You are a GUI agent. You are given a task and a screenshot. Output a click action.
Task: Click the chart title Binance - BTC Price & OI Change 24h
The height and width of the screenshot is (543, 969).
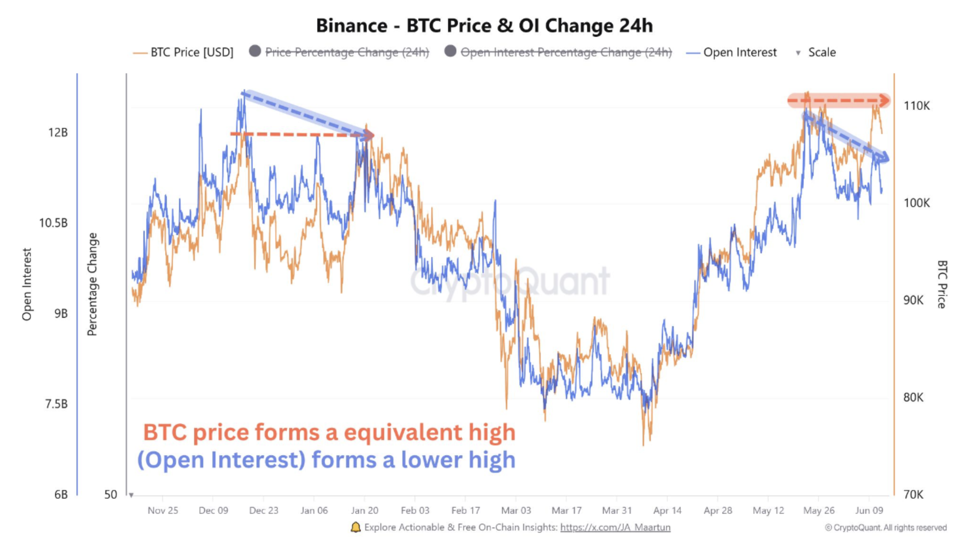click(x=484, y=26)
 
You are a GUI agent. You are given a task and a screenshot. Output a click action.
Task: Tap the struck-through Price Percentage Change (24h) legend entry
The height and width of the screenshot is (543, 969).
click(x=347, y=52)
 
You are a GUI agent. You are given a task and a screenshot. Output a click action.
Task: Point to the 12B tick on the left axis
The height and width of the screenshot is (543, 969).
click(x=58, y=132)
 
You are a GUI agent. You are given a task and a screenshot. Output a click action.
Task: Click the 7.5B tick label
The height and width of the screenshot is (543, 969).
click(x=56, y=404)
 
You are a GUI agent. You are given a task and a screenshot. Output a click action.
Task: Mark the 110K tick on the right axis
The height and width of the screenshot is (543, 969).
click(x=916, y=106)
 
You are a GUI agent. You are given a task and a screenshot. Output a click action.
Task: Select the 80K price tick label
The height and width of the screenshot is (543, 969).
click(x=913, y=397)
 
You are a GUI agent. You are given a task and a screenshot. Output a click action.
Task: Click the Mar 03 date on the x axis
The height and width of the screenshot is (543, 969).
click(x=516, y=510)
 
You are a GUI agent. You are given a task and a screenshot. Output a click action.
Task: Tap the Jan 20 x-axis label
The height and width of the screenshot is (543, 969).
click(x=364, y=510)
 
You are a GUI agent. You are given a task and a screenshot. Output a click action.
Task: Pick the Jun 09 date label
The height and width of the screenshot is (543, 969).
click(x=869, y=510)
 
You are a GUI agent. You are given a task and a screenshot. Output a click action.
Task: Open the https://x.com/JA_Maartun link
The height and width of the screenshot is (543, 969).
click(x=615, y=527)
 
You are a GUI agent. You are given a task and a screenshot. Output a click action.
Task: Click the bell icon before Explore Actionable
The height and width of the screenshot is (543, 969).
click(x=355, y=527)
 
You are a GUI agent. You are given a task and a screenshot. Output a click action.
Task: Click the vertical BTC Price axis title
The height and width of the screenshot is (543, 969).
click(x=942, y=284)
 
